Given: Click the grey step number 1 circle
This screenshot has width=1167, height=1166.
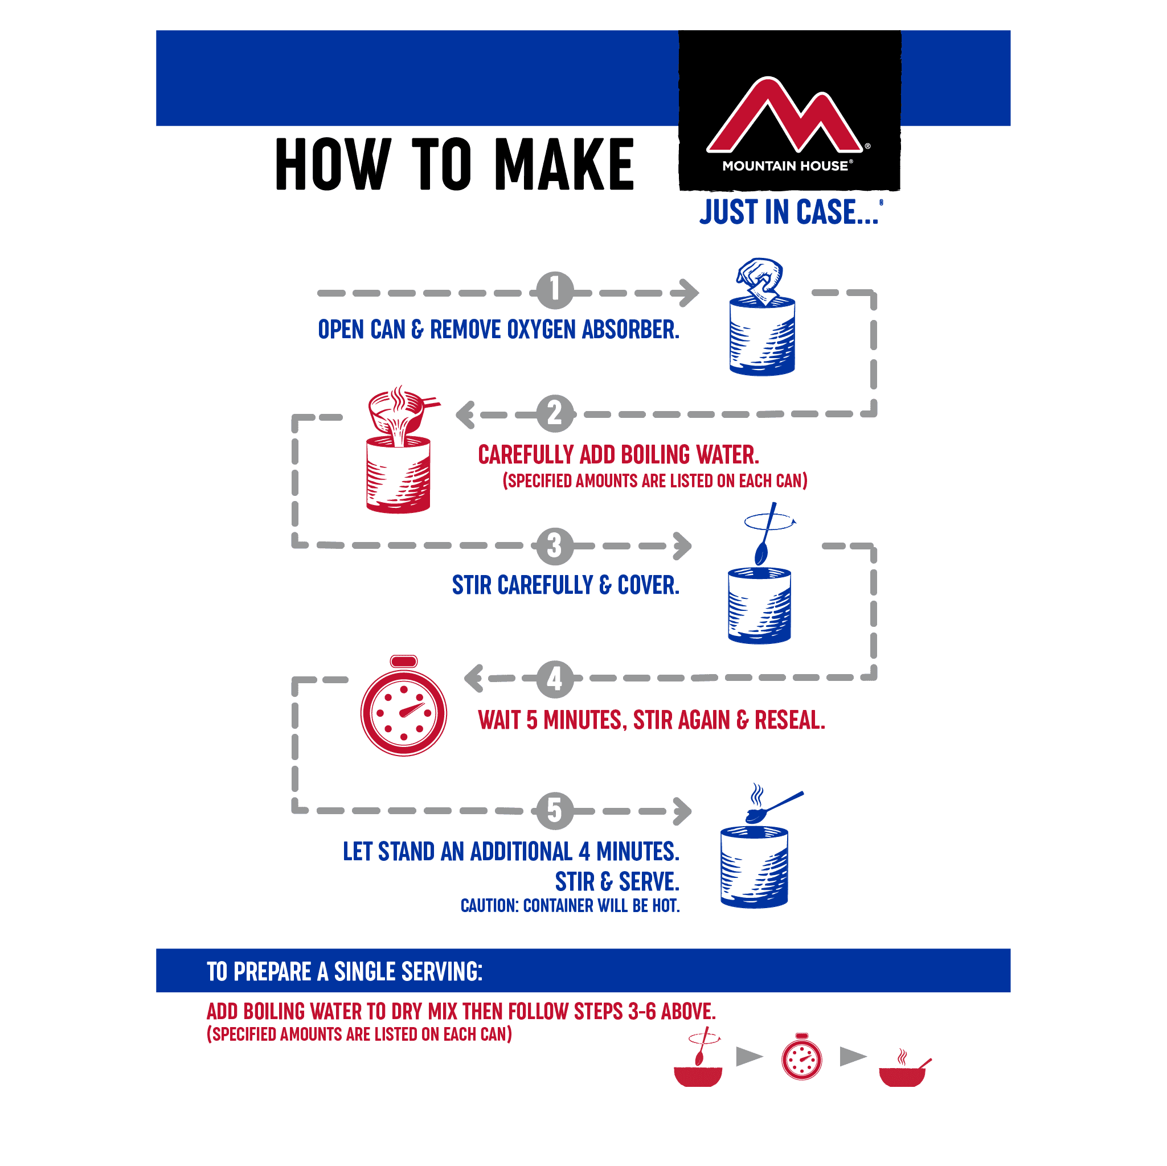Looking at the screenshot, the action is pos(555,290).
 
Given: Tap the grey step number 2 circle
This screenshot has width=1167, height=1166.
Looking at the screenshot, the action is pos(555,414).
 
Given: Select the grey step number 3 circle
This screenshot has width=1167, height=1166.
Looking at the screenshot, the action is pos(555,546).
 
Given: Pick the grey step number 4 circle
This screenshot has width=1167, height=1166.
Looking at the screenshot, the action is pos(555,679).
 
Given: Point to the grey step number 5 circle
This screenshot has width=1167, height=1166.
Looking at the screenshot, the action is pos(555,810).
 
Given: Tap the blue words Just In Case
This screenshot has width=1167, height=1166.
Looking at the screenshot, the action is pos(789,212).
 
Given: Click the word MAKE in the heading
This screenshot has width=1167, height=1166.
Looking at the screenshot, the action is pos(564,163).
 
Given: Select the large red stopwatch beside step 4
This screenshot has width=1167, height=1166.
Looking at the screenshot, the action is pos(403,705).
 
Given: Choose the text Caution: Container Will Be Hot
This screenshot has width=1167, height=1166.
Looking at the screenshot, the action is pos(570,906).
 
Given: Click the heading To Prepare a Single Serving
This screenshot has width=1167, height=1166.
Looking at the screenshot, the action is pos(345,971).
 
